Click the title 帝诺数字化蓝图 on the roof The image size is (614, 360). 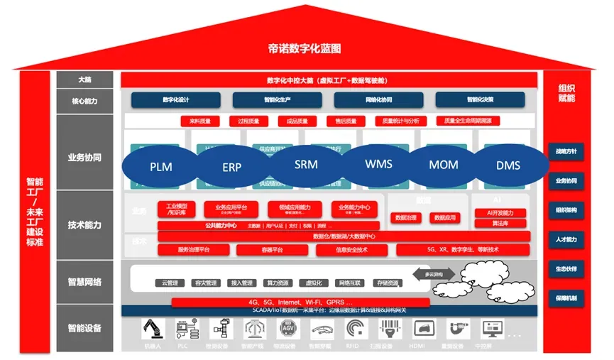coord(305,49)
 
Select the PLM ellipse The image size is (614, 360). coord(161,167)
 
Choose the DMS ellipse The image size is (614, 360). coord(508,165)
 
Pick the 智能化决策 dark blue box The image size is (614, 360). coord(480,99)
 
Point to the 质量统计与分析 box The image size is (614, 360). coord(401,121)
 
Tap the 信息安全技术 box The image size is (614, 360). coord(351,250)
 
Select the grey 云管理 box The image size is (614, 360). coord(170,283)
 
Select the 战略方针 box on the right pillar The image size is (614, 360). coord(566,151)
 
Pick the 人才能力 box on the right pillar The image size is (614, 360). coord(566,240)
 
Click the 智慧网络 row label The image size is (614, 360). coord(84,282)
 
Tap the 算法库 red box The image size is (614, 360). coord(500,223)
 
